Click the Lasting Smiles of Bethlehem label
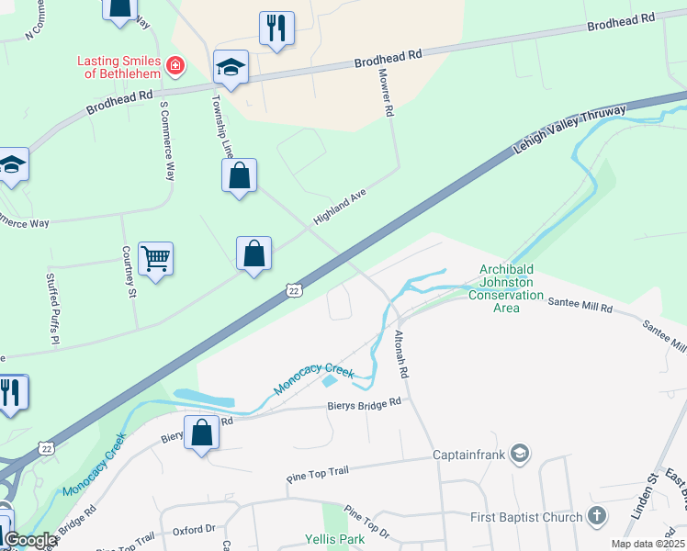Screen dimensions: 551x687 pyautogui.click(x=118, y=67)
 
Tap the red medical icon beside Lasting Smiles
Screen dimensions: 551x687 pyautogui.click(x=174, y=65)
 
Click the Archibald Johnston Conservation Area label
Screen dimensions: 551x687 pyautogui.click(x=506, y=288)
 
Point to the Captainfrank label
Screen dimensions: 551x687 pyautogui.click(x=470, y=454)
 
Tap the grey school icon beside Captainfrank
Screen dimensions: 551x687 pyautogui.click(x=521, y=453)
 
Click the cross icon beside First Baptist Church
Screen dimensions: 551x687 pyautogui.click(x=596, y=517)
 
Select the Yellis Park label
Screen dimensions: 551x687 pyautogui.click(x=335, y=539)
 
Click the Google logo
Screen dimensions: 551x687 pyautogui.click(x=29, y=541)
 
